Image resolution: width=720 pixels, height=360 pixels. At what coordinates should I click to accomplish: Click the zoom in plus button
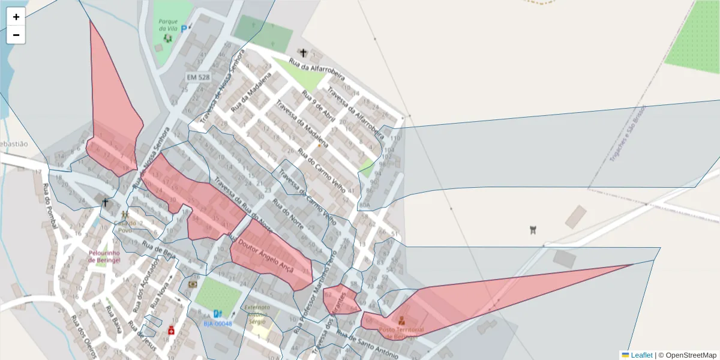[16, 17]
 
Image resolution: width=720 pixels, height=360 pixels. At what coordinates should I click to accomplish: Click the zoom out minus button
[16, 35]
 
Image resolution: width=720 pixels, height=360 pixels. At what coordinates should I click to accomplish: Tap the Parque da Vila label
[168, 25]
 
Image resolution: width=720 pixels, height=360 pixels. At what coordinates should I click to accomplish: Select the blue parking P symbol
[184, 28]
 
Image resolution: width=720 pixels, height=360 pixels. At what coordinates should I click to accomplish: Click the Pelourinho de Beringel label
[105, 256]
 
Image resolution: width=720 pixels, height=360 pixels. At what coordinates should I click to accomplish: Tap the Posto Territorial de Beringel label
[402, 333]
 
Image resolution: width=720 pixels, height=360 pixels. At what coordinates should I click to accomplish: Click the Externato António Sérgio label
[258, 313]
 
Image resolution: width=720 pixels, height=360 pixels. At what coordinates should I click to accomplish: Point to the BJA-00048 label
[217, 323]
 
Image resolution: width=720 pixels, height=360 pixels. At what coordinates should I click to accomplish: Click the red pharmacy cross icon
[171, 331]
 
